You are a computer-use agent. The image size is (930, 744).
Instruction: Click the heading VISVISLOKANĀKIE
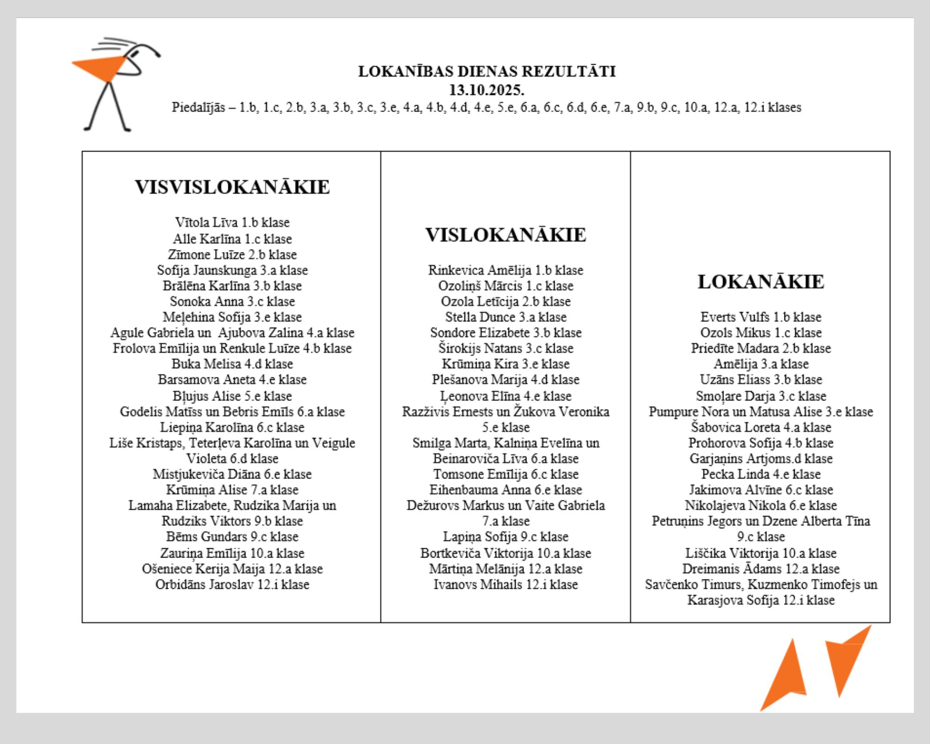pos(232,187)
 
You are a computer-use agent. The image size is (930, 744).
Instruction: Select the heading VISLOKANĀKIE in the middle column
pos(505,235)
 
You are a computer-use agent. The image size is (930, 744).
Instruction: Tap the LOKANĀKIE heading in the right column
pos(761,282)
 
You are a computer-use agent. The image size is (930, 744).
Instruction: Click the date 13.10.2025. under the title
pos(486,89)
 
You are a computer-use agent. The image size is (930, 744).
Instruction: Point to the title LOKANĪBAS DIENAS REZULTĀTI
pos(486,71)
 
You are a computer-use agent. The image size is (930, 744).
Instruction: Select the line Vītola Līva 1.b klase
pos(232,222)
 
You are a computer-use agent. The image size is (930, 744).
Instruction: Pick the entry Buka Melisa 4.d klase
pos(232,364)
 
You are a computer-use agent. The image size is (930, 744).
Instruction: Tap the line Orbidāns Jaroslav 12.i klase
pos(232,584)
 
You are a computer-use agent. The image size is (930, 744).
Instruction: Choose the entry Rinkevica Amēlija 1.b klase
pos(505,270)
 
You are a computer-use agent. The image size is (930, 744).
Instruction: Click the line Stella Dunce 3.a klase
pos(505,317)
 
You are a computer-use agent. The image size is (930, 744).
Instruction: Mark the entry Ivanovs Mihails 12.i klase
pos(505,584)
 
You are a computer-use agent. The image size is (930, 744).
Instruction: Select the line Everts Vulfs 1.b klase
pos(761,317)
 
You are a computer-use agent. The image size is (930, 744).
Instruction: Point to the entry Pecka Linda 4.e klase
pos(761,474)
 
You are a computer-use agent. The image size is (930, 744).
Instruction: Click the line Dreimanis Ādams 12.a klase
pos(761,569)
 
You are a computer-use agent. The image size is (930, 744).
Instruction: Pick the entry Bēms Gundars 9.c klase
pos(232,536)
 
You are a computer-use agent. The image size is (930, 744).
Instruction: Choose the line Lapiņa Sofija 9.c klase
pos(505,536)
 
